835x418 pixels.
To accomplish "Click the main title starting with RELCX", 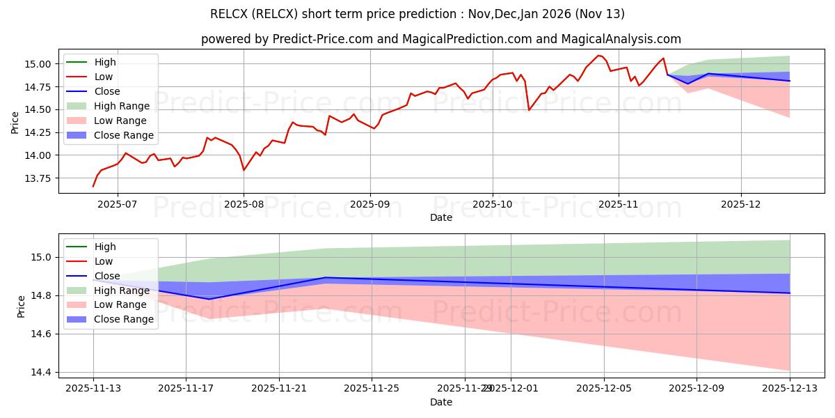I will pyautogui.click(x=417, y=14).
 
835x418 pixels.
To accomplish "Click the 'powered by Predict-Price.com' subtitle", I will pyautogui.click(x=441, y=39).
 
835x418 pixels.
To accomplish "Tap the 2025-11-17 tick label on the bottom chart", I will pyautogui.click(x=186, y=388).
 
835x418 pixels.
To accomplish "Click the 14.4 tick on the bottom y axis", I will pyautogui.click(x=42, y=373).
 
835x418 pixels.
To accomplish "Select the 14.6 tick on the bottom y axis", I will pyautogui.click(x=42, y=334).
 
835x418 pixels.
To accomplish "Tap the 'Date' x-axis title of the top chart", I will pyautogui.click(x=441, y=217).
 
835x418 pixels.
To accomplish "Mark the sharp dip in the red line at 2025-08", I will pyautogui.click(x=244, y=170).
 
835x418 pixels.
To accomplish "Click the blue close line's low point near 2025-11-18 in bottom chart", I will pyautogui.click(x=209, y=299).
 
